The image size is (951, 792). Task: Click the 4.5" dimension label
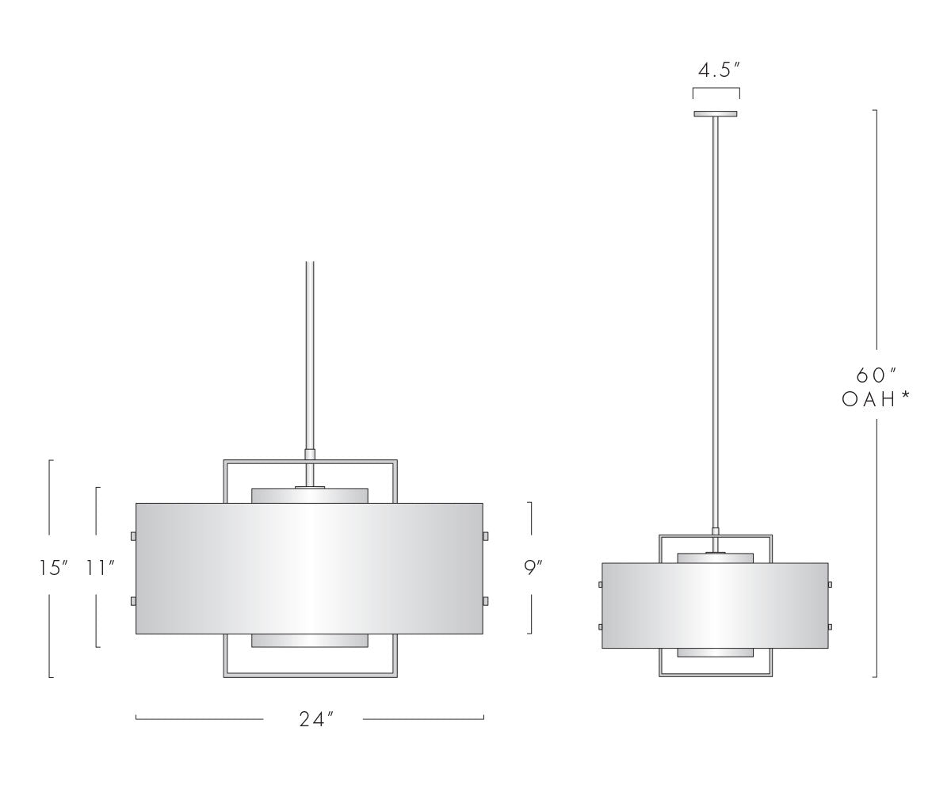[719, 70]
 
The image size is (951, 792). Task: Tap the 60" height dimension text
[877, 375]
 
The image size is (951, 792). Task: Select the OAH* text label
[876, 399]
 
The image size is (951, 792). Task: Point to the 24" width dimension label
[316, 719]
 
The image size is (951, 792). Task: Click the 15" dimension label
[54, 568]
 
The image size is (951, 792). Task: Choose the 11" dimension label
[101, 568]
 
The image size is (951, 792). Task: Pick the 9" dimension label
[533, 567]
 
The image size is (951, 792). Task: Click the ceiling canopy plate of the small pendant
[716, 114]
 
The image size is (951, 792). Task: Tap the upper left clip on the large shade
[133, 536]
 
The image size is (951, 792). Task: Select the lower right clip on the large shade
[486, 601]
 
